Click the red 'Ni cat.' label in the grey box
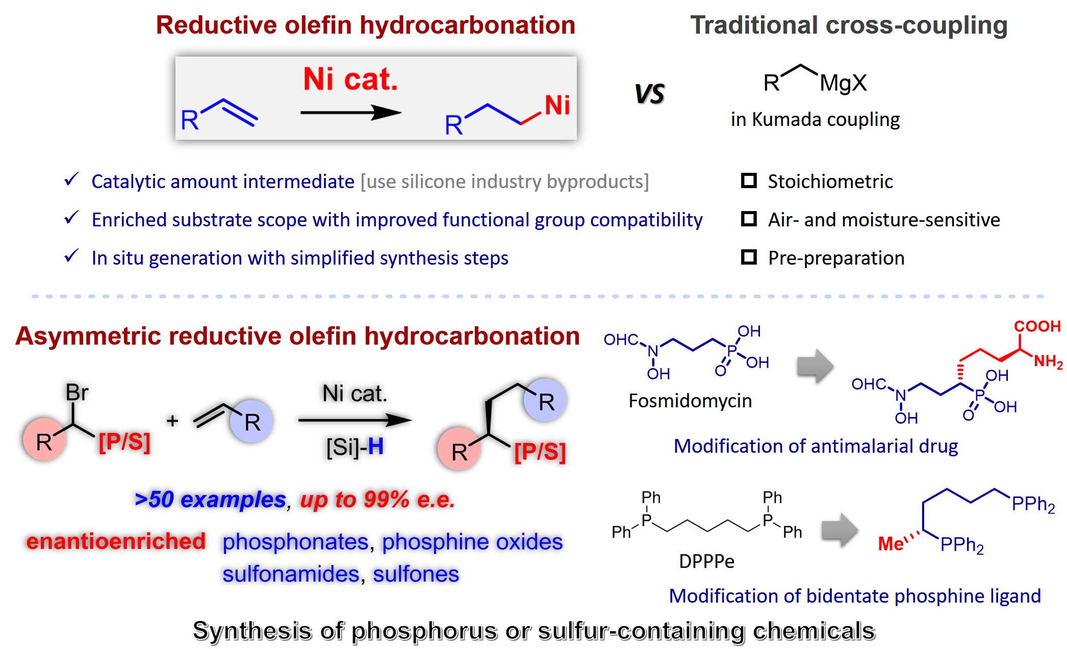coord(350,80)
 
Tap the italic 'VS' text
coord(650,94)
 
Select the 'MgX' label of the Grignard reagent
coord(843,83)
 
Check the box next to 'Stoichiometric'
coord(749,180)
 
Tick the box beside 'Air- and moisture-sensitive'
coord(749,219)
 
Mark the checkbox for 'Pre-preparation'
coord(749,257)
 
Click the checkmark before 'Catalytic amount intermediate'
coord(71,179)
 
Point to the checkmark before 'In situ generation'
coord(71,256)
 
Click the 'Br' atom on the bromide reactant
coord(77,393)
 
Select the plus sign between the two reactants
coord(172,421)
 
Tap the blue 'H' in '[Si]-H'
coord(375,447)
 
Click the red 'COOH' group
coord(1037,326)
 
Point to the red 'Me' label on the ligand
coord(891,544)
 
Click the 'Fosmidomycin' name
coord(690,401)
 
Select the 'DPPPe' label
coord(706,561)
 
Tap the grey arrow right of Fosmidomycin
coord(815,366)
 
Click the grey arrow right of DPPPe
coord(840,530)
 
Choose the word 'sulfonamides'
coord(291,574)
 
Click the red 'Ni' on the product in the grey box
coord(557,106)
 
